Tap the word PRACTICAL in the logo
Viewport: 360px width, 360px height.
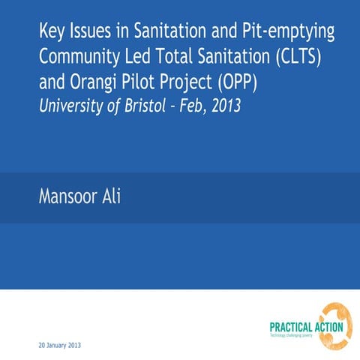point(292,327)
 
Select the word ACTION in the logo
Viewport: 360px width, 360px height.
point(329,327)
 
